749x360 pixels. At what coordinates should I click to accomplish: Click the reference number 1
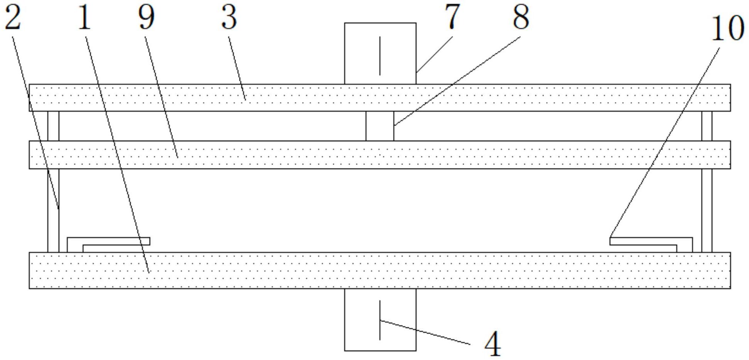pyautogui.click(x=84, y=18)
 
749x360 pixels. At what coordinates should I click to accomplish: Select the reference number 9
pyautogui.click(x=146, y=18)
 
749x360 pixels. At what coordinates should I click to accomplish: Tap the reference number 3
pyautogui.click(x=229, y=18)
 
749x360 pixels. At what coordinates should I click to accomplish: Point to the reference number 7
pyautogui.click(x=452, y=16)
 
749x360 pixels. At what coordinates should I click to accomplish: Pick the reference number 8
pyautogui.click(x=521, y=17)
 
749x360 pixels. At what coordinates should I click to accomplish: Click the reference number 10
pyautogui.click(x=727, y=28)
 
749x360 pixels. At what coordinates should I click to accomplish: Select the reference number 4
pyautogui.click(x=493, y=344)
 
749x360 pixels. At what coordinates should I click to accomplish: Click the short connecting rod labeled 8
pyautogui.click(x=380, y=126)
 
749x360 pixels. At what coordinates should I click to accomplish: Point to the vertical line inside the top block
pyautogui.click(x=380, y=56)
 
